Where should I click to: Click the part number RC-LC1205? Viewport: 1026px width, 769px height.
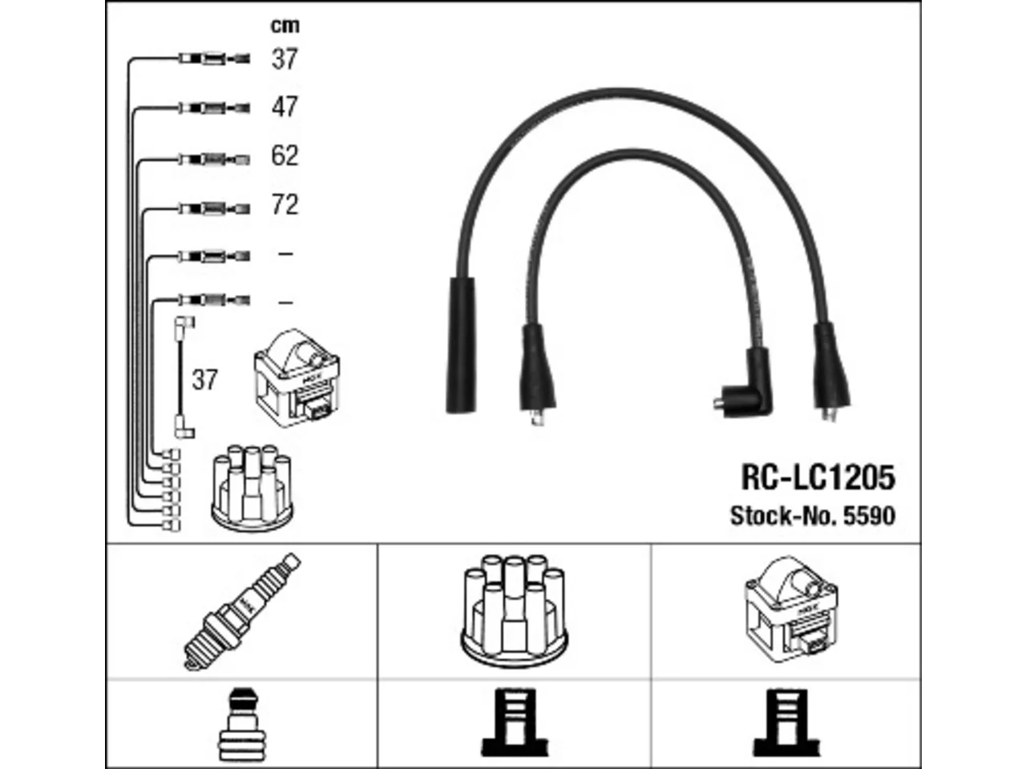tap(818, 477)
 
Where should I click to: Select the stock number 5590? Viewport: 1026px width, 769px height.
tap(869, 516)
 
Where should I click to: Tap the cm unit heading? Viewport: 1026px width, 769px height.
tap(285, 25)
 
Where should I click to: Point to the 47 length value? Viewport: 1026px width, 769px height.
tap(285, 107)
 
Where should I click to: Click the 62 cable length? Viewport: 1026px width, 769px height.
tap(285, 155)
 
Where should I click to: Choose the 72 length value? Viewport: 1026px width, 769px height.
tap(285, 204)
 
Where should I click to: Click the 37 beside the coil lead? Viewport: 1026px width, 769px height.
tap(204, 380)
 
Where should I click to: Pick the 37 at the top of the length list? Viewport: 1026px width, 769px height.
tap(285, 58)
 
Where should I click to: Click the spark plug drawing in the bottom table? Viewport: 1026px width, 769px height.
tap(241, 612)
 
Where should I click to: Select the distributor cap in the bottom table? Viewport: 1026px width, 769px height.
tap(514, 610)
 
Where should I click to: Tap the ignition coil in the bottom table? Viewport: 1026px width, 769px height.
tap(791, 610)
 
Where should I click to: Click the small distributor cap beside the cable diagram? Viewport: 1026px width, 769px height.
tap(252, 489)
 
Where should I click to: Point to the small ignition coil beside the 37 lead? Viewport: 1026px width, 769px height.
tap(297, 378)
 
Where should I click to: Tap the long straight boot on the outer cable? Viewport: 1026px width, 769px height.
tap(462, 345)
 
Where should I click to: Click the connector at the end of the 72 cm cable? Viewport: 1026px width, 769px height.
tap(215, 208)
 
